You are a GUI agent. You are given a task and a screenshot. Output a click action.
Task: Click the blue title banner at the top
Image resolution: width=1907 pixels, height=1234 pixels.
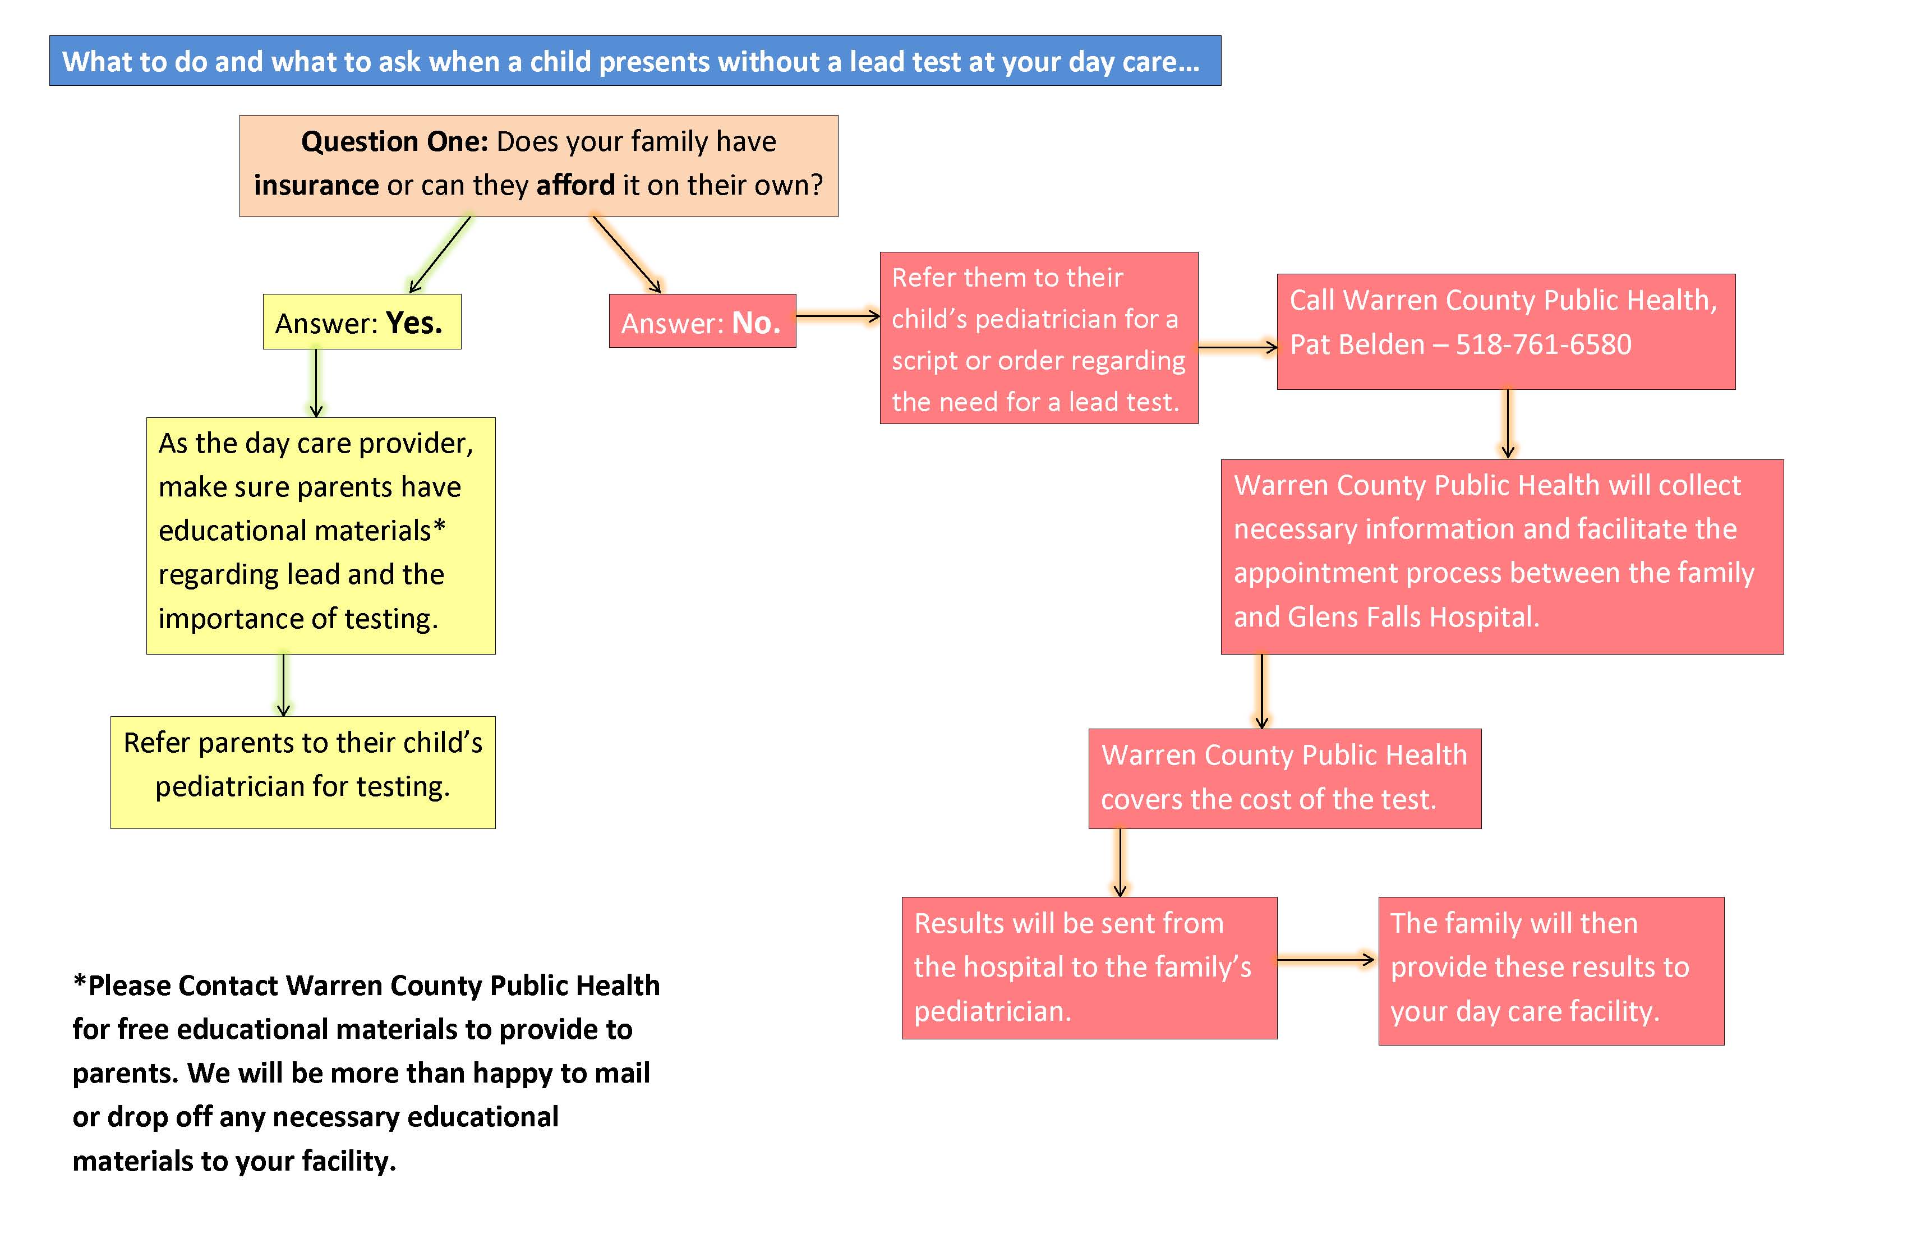634,61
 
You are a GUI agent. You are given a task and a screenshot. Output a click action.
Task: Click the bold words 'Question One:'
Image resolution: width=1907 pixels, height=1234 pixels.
394,142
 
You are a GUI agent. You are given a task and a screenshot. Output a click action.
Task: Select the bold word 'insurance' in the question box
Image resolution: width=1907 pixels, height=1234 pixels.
316,185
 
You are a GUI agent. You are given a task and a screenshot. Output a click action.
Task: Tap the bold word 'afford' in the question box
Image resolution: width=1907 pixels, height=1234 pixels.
575,185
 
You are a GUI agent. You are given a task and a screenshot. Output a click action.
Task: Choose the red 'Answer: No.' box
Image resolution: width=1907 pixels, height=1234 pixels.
702,321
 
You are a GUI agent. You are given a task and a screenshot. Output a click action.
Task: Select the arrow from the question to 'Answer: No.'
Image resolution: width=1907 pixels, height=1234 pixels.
627,255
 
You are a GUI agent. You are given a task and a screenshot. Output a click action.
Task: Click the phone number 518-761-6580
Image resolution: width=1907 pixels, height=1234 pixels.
1543,344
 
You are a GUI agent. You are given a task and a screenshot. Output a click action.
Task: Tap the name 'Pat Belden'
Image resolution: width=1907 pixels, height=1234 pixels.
1357,344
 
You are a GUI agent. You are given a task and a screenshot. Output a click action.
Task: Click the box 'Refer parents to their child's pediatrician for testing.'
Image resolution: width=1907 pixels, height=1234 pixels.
303,772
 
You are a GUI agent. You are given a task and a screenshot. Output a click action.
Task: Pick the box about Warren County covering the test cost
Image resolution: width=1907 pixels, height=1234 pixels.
1284,778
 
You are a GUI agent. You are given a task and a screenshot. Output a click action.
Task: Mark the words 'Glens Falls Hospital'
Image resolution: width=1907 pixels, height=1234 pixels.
1413,617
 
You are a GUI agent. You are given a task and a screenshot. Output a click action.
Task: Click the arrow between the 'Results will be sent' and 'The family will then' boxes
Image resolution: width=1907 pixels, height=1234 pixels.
1326,959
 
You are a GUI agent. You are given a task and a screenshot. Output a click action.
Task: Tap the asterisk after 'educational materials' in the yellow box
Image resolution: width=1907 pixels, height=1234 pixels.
439,527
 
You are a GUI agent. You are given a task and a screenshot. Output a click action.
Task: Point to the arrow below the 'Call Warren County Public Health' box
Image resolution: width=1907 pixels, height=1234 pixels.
1508,424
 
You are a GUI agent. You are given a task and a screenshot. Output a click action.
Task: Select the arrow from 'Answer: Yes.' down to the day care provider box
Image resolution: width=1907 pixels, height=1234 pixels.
316,383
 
